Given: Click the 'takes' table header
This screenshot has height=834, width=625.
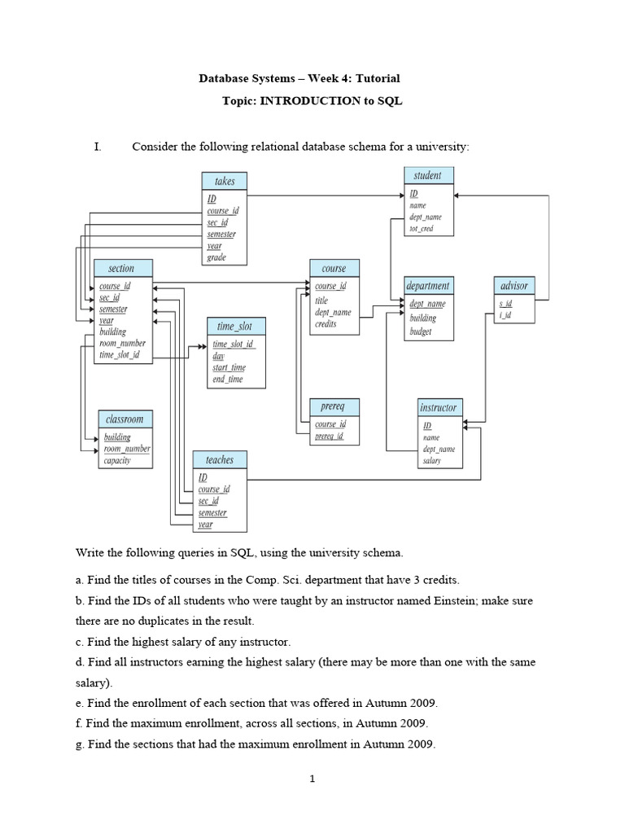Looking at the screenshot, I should (x=224, y=181).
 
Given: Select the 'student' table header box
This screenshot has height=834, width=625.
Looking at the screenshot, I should (x=428, y=175).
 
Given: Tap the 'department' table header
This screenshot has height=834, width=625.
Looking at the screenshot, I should (x=429, y=286).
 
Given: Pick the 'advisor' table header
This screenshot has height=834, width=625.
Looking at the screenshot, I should (x=514, y=286).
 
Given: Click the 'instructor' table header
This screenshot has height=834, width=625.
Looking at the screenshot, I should (x=439, y=406).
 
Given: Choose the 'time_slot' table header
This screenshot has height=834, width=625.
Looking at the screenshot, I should (x=235, y=326).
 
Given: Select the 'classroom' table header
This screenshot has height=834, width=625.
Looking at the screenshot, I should (x=125, y=419).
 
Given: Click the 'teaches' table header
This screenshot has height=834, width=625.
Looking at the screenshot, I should (x=219, y=460).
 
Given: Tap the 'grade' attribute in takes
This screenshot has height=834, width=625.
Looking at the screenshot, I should (x=216, y=257).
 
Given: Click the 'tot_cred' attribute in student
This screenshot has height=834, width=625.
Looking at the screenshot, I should (x=421, y=229).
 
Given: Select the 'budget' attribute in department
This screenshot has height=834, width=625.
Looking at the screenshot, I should (x=421, y=331).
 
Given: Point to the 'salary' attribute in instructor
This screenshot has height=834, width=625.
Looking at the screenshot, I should (x=431, y=460).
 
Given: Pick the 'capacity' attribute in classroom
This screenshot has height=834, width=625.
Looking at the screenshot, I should (x=116, y=460).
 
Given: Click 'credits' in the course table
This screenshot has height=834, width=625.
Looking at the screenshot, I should (x=326, y=323).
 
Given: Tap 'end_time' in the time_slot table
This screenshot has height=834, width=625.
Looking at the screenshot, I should (x=227, y=379).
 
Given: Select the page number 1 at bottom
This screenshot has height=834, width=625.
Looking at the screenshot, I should (x=312, y=779).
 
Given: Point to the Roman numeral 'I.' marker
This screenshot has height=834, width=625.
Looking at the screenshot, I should (x=98, y=147).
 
